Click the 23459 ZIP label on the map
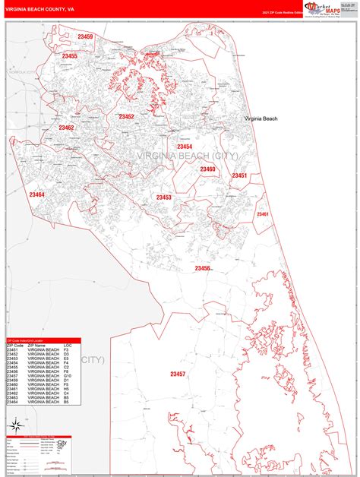(85, 37)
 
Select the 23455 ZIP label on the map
(69, 56)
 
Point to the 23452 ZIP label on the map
(126, 116)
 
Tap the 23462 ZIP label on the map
(66, 128)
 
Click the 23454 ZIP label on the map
(185, 146)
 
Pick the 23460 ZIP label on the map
(207, 169)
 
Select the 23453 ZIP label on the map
(163, 197)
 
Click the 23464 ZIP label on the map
(36, 194)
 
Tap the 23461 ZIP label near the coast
(262, 214)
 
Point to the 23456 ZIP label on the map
(202, 268)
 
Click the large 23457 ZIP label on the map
(178, 374)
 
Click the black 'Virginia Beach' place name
(261, 119)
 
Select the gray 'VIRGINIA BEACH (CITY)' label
(187, 156)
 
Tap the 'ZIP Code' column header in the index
(14, 346)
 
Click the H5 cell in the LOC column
(67, 389)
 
